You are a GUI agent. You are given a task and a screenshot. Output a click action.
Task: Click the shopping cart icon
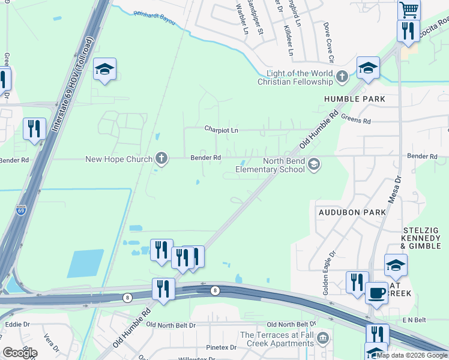409,9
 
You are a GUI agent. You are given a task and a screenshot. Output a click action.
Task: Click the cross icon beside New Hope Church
161,158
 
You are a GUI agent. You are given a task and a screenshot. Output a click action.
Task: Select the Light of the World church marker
342,77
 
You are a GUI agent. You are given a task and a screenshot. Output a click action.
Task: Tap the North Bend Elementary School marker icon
313,164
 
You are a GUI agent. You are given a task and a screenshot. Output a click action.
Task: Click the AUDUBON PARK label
343,212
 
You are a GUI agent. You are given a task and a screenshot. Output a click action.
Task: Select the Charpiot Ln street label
221,130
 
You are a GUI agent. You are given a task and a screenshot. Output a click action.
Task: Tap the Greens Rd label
355,120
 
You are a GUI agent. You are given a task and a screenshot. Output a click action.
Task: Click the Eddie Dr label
17,324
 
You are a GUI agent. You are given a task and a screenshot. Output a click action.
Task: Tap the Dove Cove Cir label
328,43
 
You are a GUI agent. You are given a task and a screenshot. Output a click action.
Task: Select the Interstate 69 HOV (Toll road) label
73,85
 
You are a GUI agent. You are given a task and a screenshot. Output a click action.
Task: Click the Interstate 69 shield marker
21,210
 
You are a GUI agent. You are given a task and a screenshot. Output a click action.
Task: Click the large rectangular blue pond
88,263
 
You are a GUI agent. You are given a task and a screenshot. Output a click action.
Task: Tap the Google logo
19,353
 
